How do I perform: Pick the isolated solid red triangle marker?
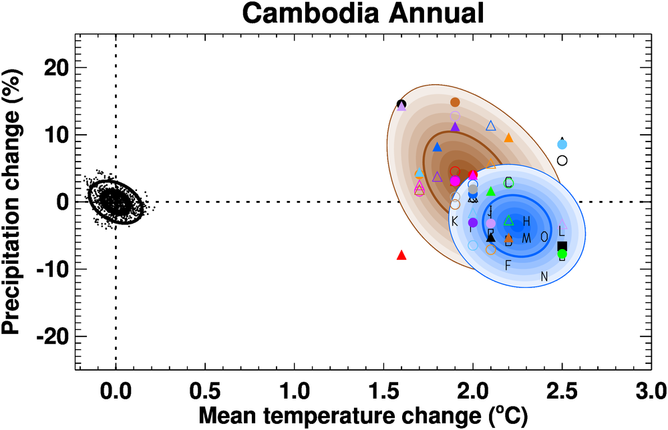(x=401, y=255)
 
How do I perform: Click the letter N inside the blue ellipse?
(x=544, y=276)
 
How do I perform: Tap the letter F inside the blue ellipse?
(x=508, y=266)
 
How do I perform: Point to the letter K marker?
(x=455, y=221)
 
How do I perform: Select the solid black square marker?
(x=562, y=246)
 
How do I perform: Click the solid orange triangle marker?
(x=508, y=138)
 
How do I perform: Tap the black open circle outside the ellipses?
(x=562, y=160)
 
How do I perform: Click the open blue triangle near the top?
(x=491, y=126)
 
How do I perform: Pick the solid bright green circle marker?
(x=562, y=254)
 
